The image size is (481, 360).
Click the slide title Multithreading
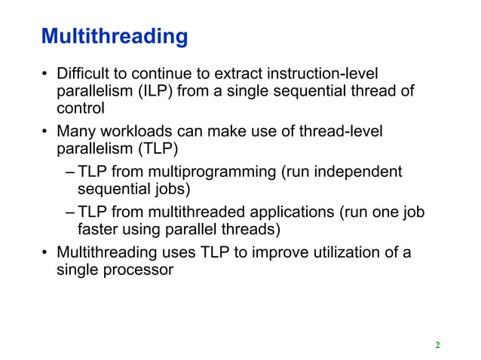[x=114, y=36]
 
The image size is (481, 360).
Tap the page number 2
[x=437, y=346]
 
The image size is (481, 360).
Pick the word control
[x=81, y=110]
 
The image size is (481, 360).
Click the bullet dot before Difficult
[x=45, y=74]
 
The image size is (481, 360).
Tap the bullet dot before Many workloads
[x=45, y=133]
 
